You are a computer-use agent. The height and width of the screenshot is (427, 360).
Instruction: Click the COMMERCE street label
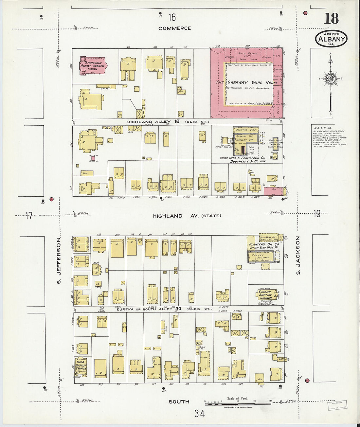click(x=174, y=28)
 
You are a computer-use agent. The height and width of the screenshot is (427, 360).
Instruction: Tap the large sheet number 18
click(x=331, y=19)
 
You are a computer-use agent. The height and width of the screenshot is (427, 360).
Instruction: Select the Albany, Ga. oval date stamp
click(x=331, y=39)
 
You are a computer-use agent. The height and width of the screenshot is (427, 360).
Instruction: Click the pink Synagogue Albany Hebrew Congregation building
click(x=93, y=66)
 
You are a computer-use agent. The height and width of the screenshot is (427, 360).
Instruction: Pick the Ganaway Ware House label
click(x=247, y=82)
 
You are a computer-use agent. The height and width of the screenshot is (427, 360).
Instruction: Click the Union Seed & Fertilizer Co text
click(x=243, y=158)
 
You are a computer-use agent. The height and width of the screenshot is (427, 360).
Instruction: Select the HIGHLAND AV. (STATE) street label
click(x=187, y=216)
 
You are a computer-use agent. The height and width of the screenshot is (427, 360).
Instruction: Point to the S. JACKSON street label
click(x=298, y=256)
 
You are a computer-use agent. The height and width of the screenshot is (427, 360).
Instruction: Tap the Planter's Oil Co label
click(x=264, y=244)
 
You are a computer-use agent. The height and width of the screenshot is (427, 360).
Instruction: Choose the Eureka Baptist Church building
click(x=265, y=295)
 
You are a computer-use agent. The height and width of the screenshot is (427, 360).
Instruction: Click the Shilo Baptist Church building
click(x=81, y=366)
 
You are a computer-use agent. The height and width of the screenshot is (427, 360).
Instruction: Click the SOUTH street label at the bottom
click(x=179, y=401)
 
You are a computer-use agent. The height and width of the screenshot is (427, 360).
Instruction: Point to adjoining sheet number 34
click(x=199, y=414)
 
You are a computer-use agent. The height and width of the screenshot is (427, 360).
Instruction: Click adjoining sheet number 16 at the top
click(x=172, y=17)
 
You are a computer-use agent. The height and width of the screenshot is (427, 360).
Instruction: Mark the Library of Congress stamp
click(x=337, y=405)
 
